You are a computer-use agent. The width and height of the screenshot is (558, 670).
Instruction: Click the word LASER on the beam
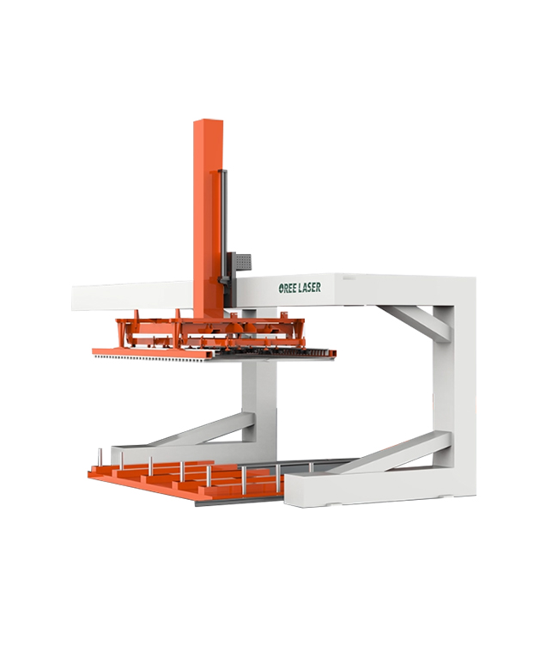click(310, 288)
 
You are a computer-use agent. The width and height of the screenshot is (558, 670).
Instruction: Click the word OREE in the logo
click(288, 288)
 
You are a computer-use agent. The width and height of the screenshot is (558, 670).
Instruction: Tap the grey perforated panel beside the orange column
click(243, 262)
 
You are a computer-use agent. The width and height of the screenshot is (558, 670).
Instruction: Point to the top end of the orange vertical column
click(209, 120)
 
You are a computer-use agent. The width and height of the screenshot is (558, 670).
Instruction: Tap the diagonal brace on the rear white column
click(205, 428)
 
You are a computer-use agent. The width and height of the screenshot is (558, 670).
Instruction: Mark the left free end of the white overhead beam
click(73, 298)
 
